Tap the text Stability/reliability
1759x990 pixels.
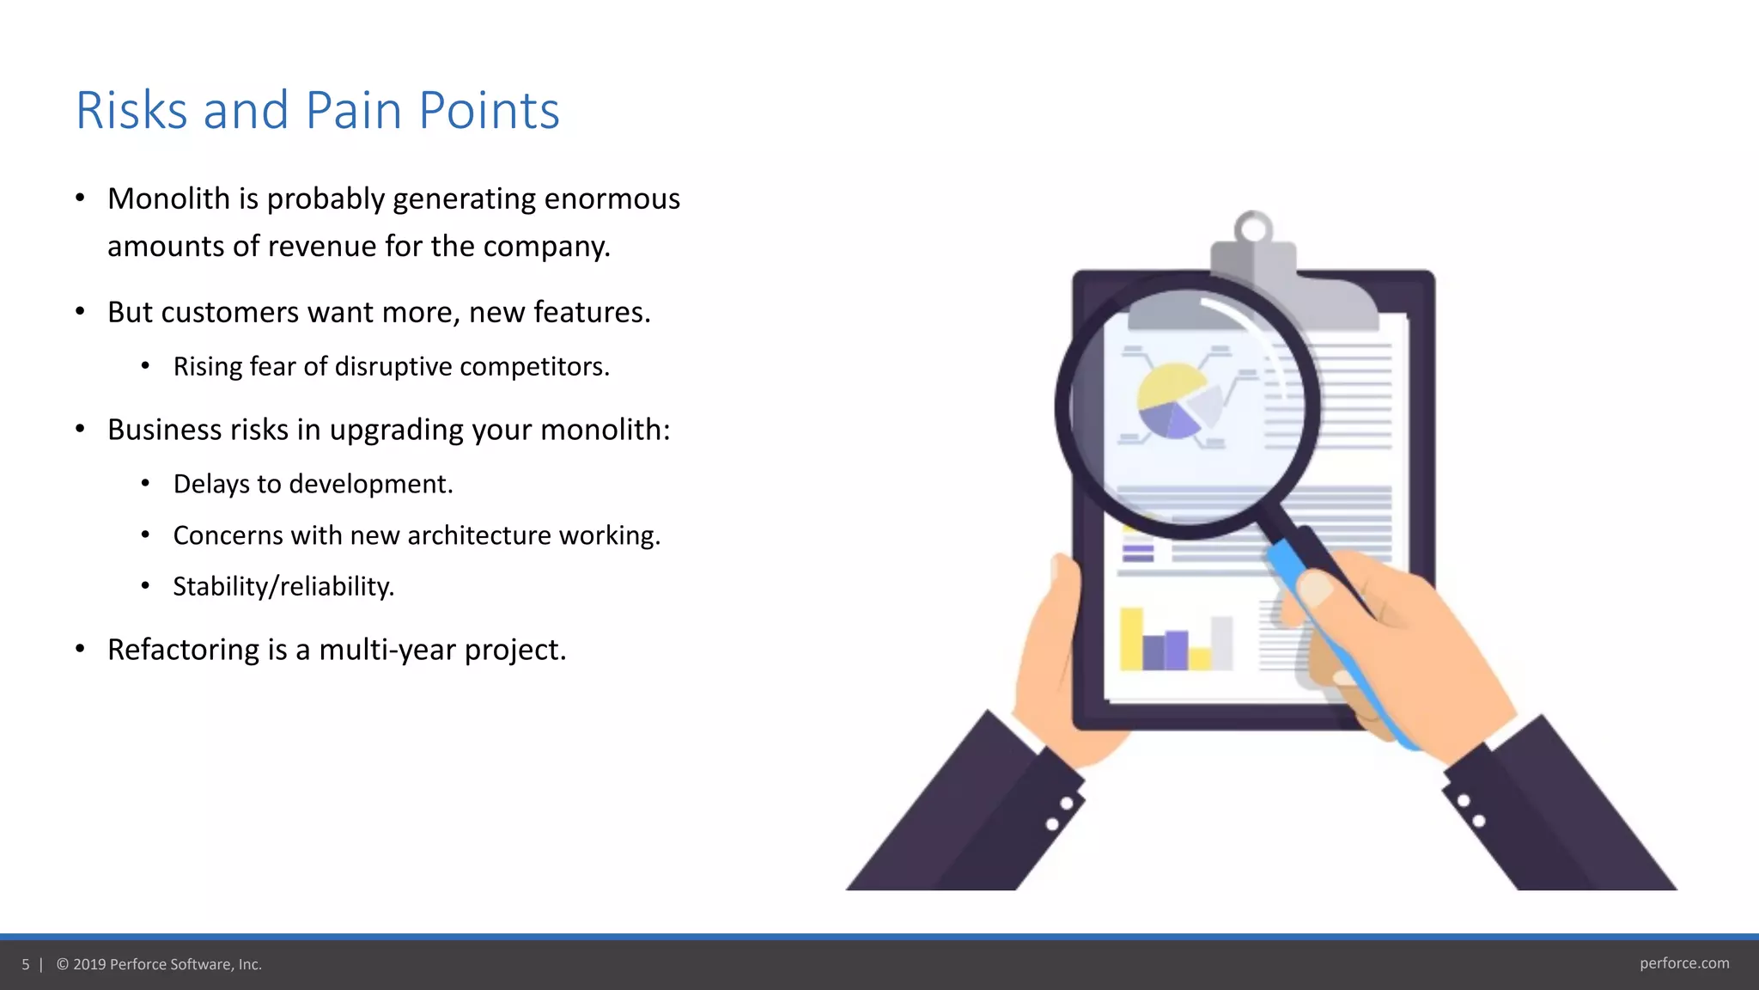pyautogui.click(x=283, y=586)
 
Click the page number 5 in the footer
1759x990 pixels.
pyautogui.click(x=26, y=964)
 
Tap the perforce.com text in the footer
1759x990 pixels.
pyautogui.click(x=1683, y=963)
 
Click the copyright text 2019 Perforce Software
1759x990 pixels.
pyautogui.click(x=167, y=964)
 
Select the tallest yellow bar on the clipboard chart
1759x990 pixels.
pyautogui.click(x=1130, y=639)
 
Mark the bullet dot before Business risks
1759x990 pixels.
pyautogui.click(x=80, y=429)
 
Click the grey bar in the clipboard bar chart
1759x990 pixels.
pyautogui.click(x=1221, y=643)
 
